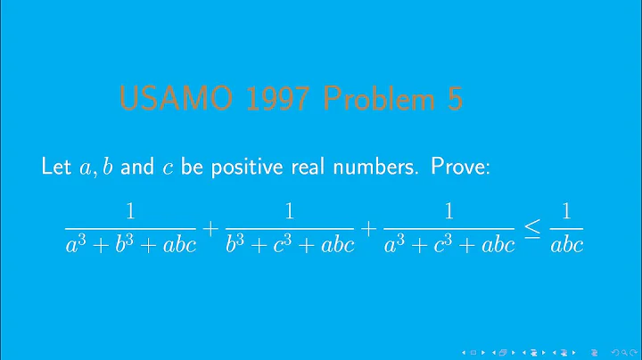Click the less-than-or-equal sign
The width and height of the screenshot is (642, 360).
click(531, 229)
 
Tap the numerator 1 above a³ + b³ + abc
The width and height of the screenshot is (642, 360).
click(130, 213)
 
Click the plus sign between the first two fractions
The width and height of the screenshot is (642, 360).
click(210, 229)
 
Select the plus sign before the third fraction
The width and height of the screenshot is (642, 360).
click(370, 229)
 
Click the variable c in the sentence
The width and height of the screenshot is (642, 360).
click(167, 168)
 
